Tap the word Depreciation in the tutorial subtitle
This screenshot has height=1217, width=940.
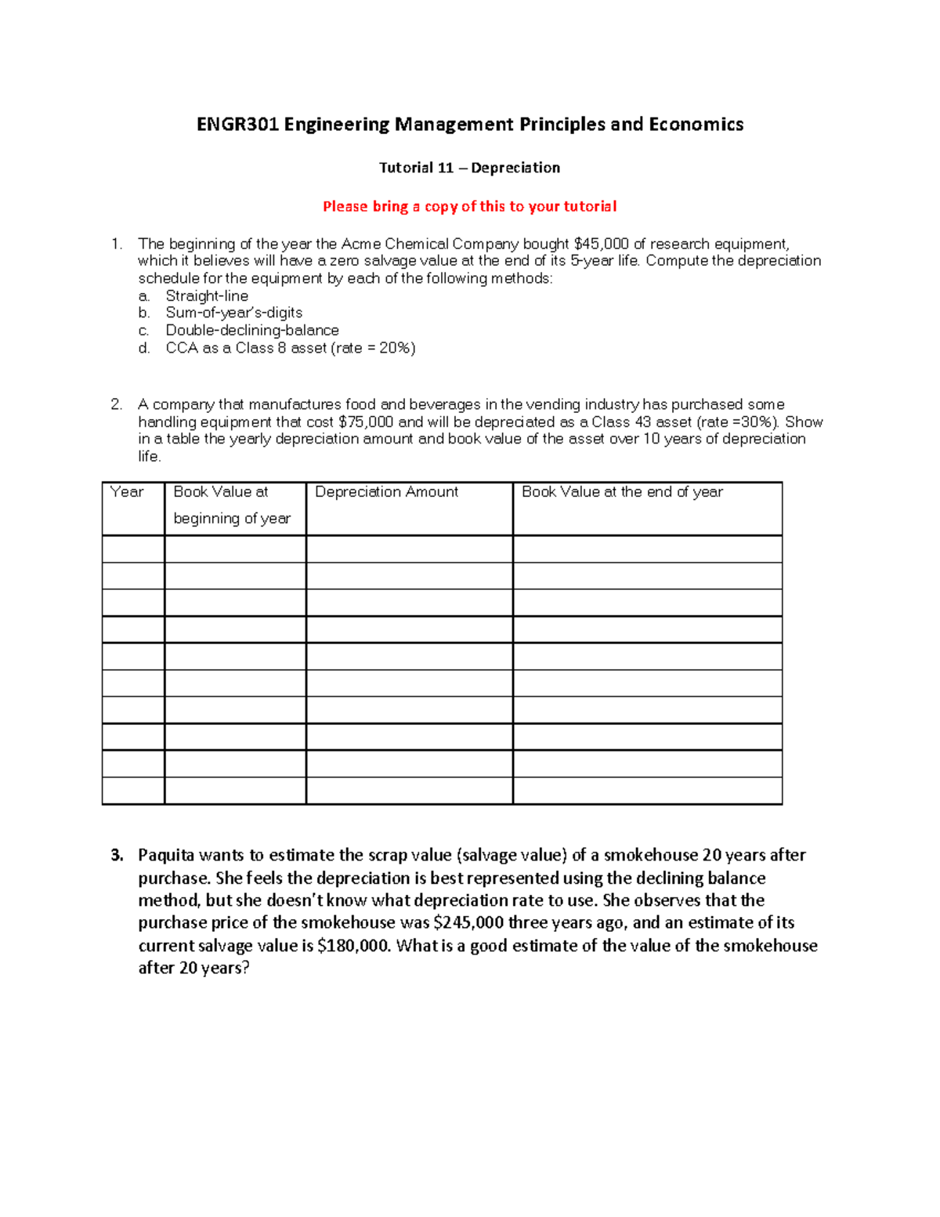click(515, 168)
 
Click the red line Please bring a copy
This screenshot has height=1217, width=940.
click(469, 207)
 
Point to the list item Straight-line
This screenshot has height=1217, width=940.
click(207, 296)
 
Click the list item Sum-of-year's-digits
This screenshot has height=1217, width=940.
click(233, 313)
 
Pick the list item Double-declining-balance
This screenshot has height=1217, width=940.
click(252, 331)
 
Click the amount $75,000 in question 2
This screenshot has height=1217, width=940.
click(366, 422)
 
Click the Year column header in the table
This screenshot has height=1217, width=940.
click(127, 492)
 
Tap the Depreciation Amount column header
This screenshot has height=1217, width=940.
click(386, 492)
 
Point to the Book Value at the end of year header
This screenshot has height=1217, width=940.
click(622, 492)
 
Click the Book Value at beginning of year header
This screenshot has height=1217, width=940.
click(231, 505)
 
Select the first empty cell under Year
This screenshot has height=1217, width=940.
click(133, 549)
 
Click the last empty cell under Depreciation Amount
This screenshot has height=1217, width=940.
click(409, 790)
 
